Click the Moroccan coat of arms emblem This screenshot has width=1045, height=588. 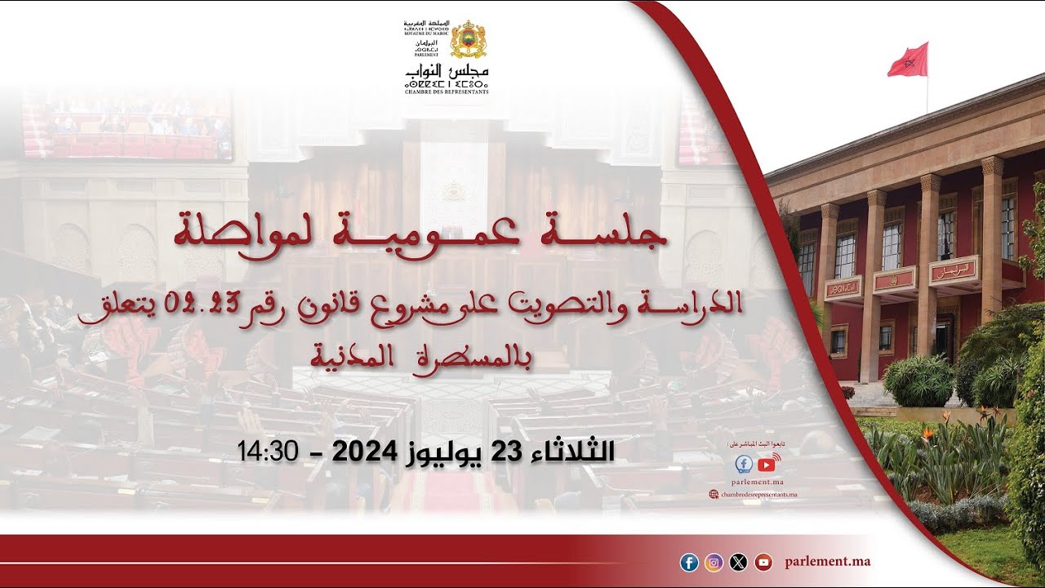pos(468,38)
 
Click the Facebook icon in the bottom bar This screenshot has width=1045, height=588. pos(689,562)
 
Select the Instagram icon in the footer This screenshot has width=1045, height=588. pos(714,562)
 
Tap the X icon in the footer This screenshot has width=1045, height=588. pos(738,562)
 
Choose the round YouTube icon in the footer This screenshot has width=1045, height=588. pos(763,562)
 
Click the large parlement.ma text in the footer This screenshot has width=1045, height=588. pos(827,562)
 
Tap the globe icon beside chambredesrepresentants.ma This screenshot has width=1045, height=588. pos(714,494)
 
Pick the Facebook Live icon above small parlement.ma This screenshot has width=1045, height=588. pos(744,465)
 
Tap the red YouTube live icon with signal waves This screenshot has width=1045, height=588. pos(767,464)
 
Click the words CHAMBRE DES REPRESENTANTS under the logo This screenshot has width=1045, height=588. pos(446,91)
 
